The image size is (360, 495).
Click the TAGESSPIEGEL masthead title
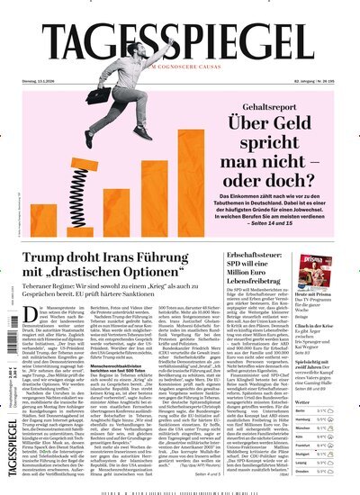click(x=179, y=42)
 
